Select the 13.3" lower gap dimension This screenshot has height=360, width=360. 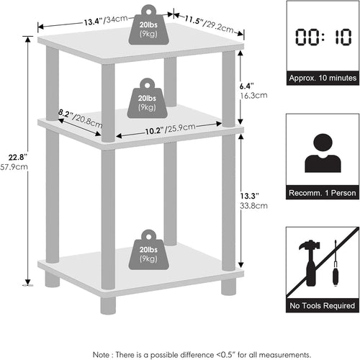pyautogui.click(x=247, y=194)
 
